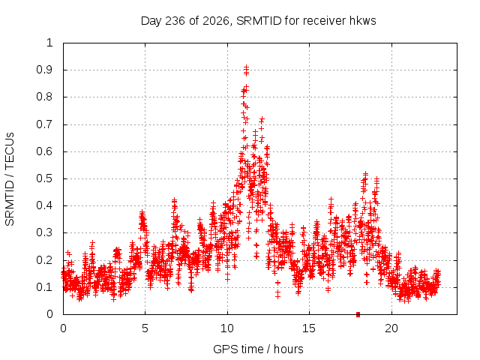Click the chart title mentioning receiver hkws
[x=258, y=21]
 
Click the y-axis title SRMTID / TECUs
[x=10, y=179]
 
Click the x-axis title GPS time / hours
[x=258, y=349]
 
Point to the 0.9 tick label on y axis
[x=44, y=70]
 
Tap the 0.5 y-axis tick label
[x=44, y=178]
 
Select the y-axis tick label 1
[x=49, y=43]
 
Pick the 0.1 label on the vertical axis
[x=44, y=287]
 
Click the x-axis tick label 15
[x=309, y=328]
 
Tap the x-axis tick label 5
[x=145, y=328]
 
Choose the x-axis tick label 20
[x=391, y=328]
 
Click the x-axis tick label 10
[x=226, y=328]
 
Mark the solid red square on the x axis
[x=358, y=314]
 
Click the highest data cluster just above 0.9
[x=246, y=70]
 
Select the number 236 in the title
[x=175, y=21]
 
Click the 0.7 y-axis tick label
[x=44, y=124]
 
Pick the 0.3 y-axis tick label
[x=44, y=232]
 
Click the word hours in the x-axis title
[x=288, y=349]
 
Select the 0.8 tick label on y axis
[x=44, y=97]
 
